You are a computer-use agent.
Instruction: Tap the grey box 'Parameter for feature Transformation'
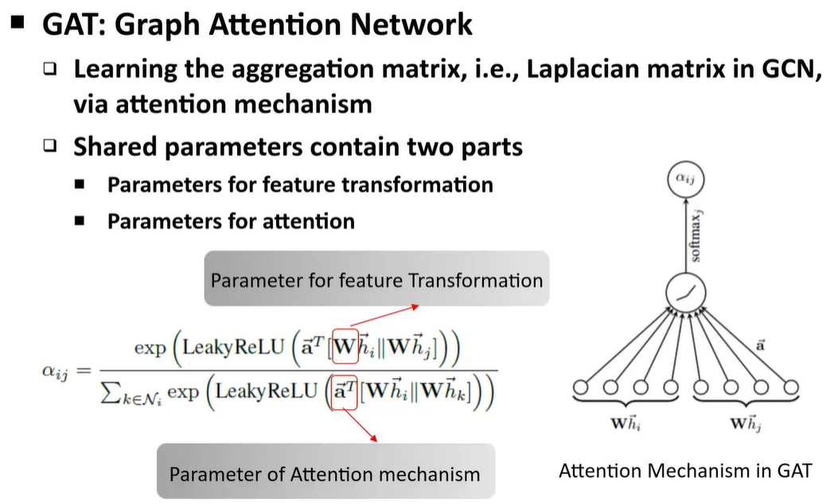point(376,279)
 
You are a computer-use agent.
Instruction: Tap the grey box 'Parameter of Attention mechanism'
point(325,474)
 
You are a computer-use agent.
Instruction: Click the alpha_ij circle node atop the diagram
point(684,180)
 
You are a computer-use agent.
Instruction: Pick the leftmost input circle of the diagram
point(583,388)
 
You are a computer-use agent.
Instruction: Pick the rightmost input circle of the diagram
point(789,388)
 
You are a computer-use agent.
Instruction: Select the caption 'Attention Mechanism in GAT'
point(684,470)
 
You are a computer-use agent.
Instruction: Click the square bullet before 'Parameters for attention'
point(80,221)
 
